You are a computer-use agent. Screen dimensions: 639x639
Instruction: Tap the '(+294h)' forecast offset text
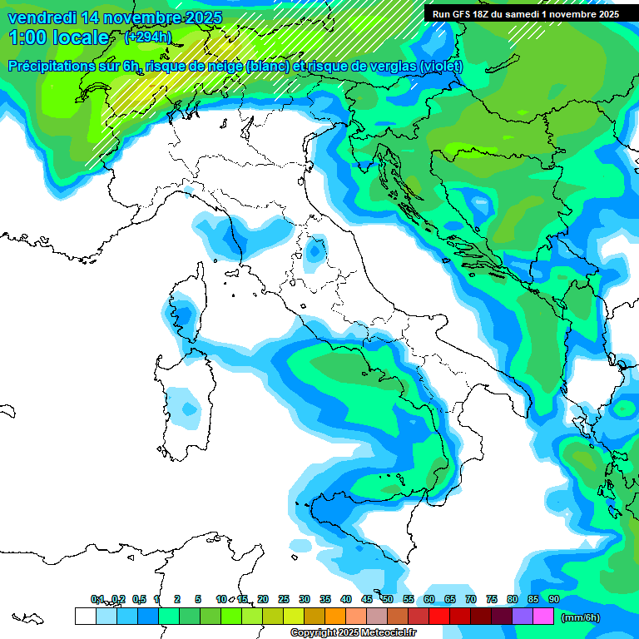click(x=147, y=37)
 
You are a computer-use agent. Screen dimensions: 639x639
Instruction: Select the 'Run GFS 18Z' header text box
click(x=525, y=14)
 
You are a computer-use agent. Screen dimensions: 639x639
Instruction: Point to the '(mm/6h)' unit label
click(x=580, y=617)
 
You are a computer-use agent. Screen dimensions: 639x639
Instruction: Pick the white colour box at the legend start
click(x=85, y=616)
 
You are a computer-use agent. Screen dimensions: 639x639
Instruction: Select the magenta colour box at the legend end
click(x=543, y=616)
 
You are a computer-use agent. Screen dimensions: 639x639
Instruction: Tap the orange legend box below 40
click(x=335, y=616)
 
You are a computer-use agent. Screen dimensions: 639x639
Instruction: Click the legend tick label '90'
click(x=553, y=599)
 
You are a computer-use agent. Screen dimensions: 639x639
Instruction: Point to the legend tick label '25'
click(x=284, y=599)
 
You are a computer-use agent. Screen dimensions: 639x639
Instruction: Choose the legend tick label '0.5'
click(x=138, y=599)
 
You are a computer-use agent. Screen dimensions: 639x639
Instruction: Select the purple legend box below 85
click(x=523, y=616)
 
